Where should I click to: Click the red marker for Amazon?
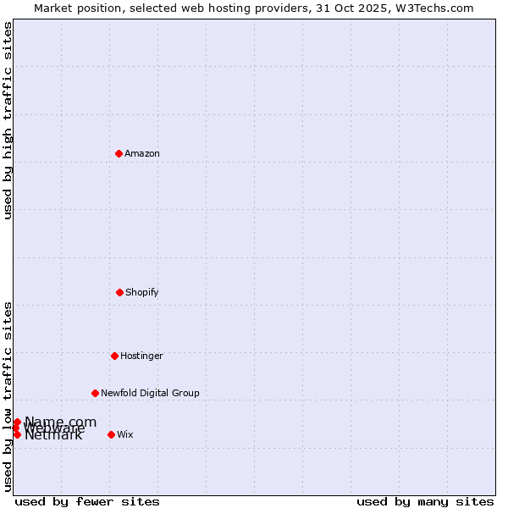click(x=119, y=153)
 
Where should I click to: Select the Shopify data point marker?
click(x=119, y=292)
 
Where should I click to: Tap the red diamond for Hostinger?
click(x=114, y=356)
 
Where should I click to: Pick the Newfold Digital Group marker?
click(x=95, y=393)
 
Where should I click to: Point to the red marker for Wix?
click(x=111, y=434)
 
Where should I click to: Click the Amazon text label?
click(x=142, y=153)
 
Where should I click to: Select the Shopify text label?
click(x=142, y=292)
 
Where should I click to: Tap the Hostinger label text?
click(x=141, y=356)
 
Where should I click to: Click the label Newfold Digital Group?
click(x=150, y=393)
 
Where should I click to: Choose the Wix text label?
click(x=125, y=434)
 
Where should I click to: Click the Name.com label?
click(x=60, y=422)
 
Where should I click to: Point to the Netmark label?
click(x=53, y=435)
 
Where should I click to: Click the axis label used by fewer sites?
click(x=87, y=501)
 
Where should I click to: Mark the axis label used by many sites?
click(x=425, y=501)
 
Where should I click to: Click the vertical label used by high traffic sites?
click(x=8, y=120)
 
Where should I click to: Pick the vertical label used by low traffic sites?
click(x=8, y=396)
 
